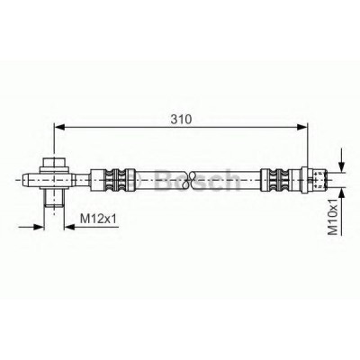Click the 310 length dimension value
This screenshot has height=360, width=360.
[181, 119]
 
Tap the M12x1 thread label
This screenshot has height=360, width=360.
[98, 219]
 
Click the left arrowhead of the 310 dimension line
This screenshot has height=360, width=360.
[59, 127]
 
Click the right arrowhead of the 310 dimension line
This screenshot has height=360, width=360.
[302, 127]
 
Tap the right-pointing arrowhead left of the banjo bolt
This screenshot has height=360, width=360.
[39, 227]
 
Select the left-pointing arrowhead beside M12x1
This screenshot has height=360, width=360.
[70, 227]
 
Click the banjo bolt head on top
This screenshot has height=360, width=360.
[54, 164]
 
